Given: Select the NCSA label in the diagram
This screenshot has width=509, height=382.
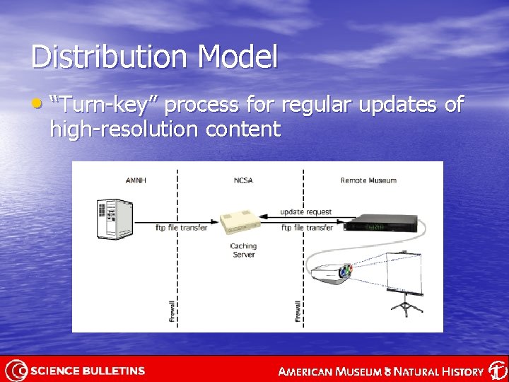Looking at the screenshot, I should point(242,180).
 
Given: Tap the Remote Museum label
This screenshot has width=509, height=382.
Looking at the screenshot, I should point(368,180).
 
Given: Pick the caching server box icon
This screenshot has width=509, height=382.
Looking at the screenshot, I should point(241,222).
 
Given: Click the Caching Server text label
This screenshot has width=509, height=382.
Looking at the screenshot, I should point(243,250).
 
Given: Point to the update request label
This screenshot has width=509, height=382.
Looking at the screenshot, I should point(305,212).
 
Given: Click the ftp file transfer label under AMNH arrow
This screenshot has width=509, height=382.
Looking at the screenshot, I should point(181,228).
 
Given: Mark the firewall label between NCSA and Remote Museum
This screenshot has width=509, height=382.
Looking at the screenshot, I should point(298,311).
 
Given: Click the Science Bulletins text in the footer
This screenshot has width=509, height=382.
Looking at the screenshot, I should point(88,371).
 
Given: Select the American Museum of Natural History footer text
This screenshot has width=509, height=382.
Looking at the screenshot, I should point(382,371).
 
